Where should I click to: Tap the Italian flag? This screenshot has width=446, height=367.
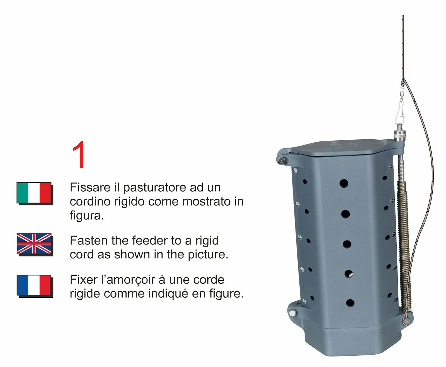click(x=34, y=193)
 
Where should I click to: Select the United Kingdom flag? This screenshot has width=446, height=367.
click(x=34, y=244)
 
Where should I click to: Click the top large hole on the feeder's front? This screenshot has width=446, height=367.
click(x=344, y=183)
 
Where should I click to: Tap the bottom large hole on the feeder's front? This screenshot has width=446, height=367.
click(x=350, y=303)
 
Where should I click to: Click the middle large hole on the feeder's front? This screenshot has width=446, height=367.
click(x=347, y=244)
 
